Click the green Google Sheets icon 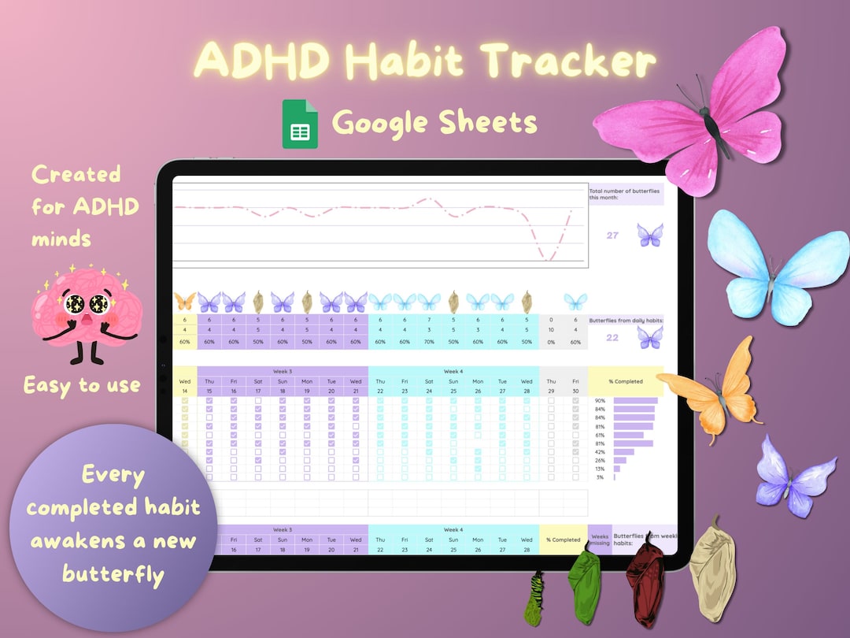[300, 124]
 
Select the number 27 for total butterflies [612, 236]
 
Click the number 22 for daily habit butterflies [612, 337]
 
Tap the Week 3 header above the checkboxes [283, 371]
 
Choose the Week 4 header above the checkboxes [453, 371]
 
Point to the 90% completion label [600, 401]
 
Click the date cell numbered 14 [185, 391]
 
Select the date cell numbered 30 [575, 391]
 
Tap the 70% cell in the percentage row [429, 342]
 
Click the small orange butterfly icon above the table [185, 301]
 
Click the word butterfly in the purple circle [113, 573]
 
